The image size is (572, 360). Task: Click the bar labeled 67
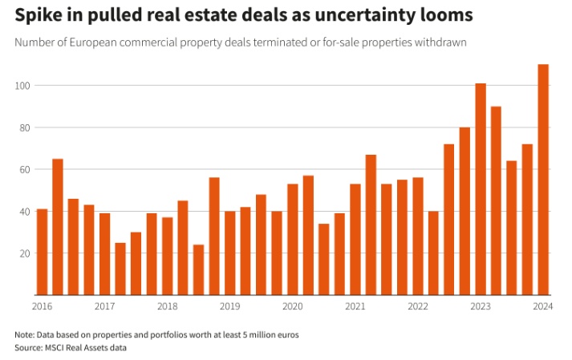tap(371, 224)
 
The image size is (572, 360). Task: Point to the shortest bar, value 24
tap(198, 269)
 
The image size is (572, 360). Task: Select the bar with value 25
tap(120, 269)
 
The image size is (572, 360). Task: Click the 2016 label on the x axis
tap(42, 306)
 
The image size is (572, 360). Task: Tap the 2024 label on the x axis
tap(543, 306)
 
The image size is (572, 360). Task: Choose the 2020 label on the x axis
tap(292, 306)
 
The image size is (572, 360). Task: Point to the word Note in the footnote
tap(24, 334)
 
